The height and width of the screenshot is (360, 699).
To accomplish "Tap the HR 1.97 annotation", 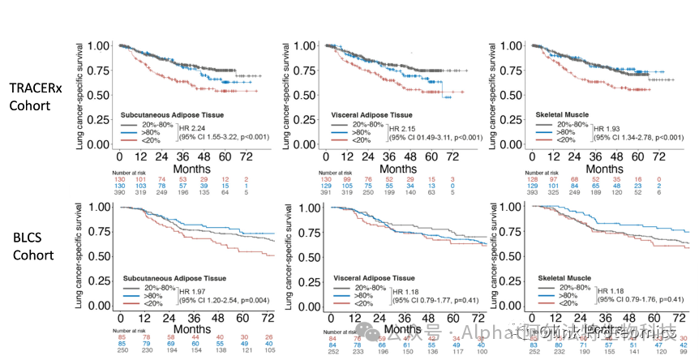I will (204, 291).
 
